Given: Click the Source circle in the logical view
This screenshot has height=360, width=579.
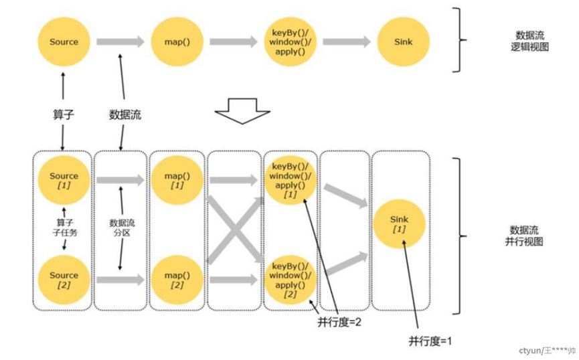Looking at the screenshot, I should tap(64, 41).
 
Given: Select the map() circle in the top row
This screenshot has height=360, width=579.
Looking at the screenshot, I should tap(177, 41).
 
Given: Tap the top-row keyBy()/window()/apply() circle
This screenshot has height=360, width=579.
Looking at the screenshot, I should tap(290, 41).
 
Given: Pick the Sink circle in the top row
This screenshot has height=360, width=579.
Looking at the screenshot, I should tap(404, 41).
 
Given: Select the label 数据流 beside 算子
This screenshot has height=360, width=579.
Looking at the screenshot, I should tap(125, 115).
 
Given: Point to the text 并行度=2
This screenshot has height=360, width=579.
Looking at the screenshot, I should tap(339, 322).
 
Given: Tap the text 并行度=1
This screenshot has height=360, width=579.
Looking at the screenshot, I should tap(432, 341).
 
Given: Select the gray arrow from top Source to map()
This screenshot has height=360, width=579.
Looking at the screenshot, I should tap(120, 41).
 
